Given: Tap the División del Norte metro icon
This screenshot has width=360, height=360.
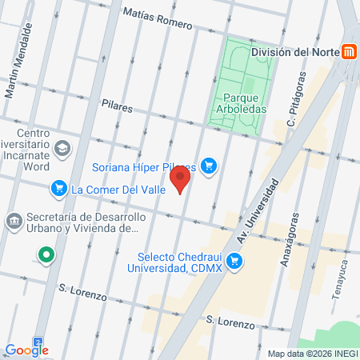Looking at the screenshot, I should coord(349,52).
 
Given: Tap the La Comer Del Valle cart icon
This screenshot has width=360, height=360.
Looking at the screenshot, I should coord(58,190).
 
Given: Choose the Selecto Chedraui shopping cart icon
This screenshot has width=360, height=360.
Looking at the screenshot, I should coord(234,261).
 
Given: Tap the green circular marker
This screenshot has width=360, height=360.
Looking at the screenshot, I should coord(46,257).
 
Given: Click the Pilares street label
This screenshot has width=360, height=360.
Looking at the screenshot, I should coord(117,105).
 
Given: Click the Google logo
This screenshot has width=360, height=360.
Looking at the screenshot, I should coord(26,350).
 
